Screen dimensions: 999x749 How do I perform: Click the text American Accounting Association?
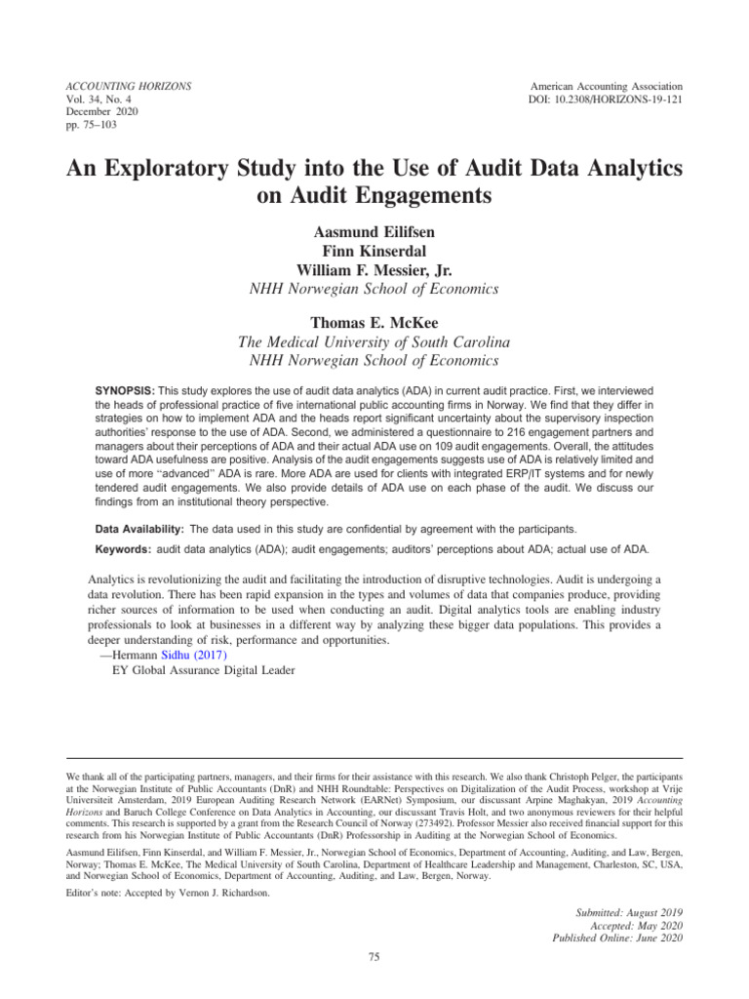(x=606, y=87)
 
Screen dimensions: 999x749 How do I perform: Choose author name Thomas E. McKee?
(x=374, y=322)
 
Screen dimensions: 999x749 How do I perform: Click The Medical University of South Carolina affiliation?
(x=374, y=342)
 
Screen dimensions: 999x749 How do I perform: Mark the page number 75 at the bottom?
(x=374, y=957)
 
